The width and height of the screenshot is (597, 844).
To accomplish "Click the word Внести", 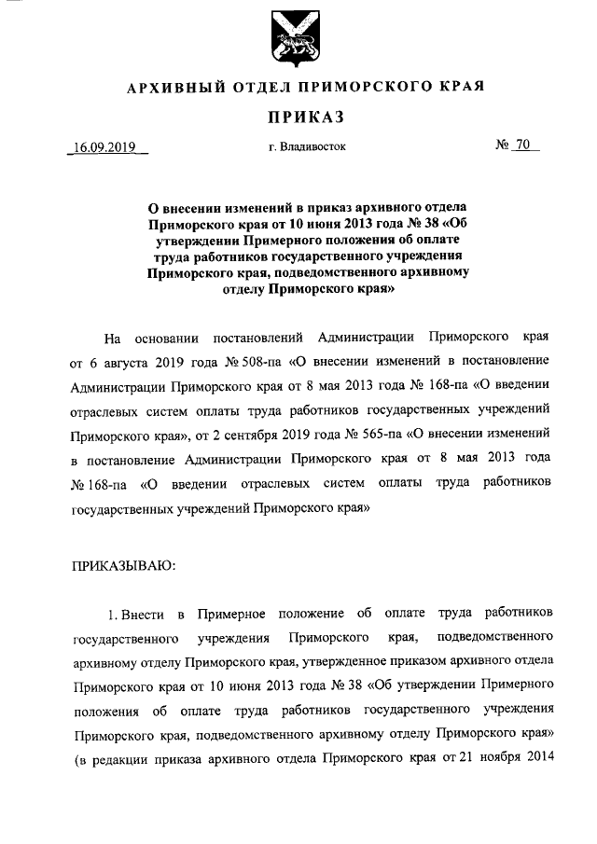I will pyautogui.click(x=142, y=613).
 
